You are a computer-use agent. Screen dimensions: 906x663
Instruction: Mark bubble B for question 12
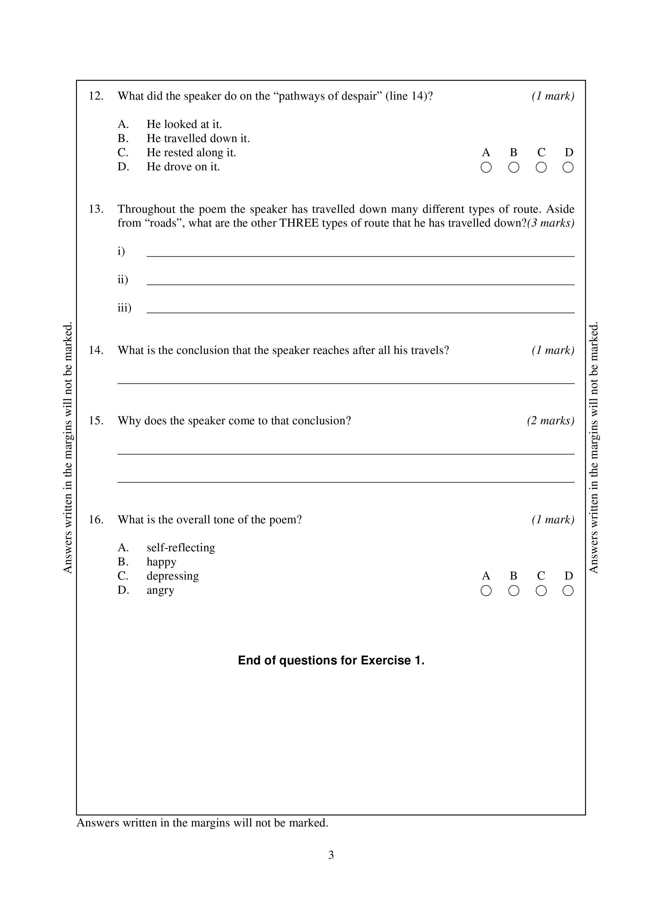(513, 167)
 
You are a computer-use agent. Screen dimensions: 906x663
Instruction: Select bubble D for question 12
(568, 167)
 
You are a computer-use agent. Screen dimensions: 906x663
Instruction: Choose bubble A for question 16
(486, 591)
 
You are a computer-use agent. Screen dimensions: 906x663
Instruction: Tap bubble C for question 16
(541, 591)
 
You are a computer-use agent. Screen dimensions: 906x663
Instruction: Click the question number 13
(96, 209)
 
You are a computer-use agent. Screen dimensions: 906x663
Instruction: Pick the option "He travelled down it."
(198, 138)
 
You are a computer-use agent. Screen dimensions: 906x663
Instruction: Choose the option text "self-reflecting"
(181, 548)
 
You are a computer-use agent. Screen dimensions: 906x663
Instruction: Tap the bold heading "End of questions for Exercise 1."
(331, 661)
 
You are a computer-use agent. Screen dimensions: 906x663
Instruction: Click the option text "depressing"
(173, 576)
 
